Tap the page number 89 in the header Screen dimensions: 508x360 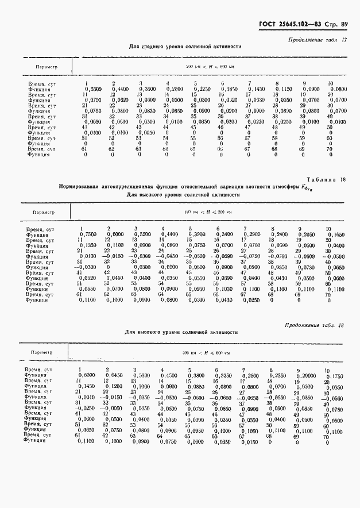click(x=344, y=24)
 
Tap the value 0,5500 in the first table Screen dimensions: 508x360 click(x=93, y=89)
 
